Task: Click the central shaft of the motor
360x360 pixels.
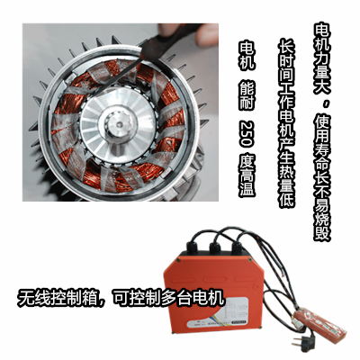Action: coord(119,124)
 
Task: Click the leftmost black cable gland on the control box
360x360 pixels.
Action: coord(193,248)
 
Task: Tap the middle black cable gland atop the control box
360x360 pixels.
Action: coord(215,248)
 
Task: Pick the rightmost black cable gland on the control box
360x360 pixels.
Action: coord(237,248)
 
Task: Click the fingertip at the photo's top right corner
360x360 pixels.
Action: coord(207,34)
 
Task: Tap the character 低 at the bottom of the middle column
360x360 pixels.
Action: coord(287,200)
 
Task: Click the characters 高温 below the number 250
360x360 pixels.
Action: coord(247,181)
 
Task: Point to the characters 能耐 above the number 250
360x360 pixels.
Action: coord(247,96)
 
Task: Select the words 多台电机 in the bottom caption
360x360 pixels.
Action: coord(192,298)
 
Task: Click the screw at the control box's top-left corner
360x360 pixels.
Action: coord(179,261)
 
